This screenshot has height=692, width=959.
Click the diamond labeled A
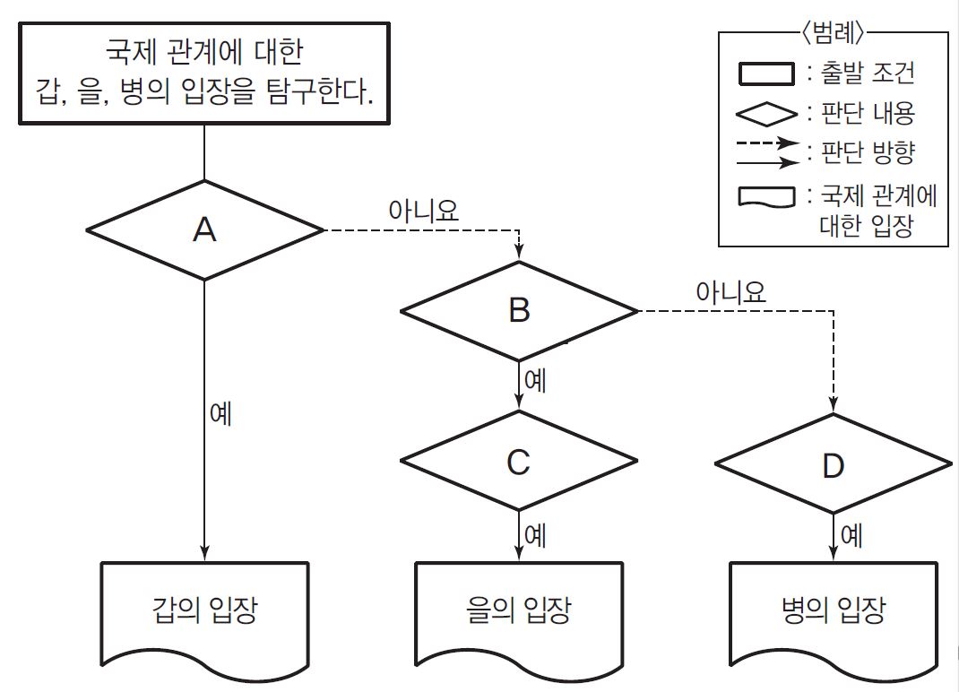[x=204, y=230]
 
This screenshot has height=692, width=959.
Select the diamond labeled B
[x=519, y=311]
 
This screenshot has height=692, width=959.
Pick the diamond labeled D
[x=834, y=465]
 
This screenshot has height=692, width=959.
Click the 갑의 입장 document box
[x=205, y=611]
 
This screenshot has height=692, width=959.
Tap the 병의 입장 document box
[x=834, y=611]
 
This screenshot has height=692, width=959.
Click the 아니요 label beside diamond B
[x=732, y=290]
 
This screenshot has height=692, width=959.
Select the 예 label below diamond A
[x=220, y=414]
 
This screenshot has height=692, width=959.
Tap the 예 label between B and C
[x=535, y=380]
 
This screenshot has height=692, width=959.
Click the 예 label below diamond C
[x=535, y=535]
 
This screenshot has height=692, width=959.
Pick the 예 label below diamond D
[x=851, y=536]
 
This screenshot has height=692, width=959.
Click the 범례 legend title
[x=834, y=33]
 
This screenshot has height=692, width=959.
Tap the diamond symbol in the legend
[x=766, y=114]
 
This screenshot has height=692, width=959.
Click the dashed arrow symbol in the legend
[x=766, y=143]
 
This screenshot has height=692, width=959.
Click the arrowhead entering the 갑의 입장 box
[x=205, y=554]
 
